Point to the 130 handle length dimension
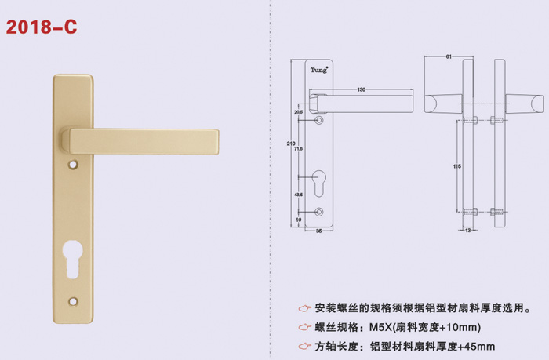coord(362,90)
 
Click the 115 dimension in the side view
coord(457,166)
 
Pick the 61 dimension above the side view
coord(447,56)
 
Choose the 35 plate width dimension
coord(320,231)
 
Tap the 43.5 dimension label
coord(299,193)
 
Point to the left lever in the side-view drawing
coord(443,103)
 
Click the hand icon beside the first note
coord(304,307)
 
